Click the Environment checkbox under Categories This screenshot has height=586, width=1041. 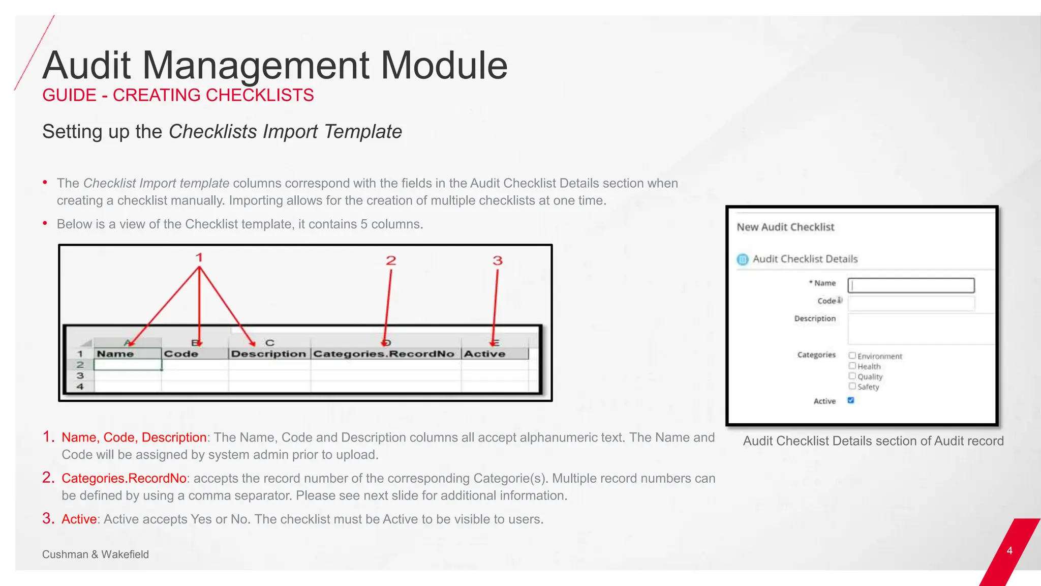(x=852, y=356)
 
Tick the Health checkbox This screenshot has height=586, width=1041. (x=852, y=366)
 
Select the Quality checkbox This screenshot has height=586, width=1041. (x=852, y=376)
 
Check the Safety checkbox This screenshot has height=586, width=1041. (x=852, y=386)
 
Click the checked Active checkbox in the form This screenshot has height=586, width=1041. (x=851, y=400)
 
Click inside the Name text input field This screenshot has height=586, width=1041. (x=911, y=285)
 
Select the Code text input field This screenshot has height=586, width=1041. (x=911, y=303)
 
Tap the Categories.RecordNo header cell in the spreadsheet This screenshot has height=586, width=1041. (x=384, y=354)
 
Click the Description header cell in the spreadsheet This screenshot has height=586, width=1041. (x=269, y=354)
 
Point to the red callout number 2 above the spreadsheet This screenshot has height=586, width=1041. (x=391, y=260)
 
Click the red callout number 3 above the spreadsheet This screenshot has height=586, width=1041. (x=498, y=260)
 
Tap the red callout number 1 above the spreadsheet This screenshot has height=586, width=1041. (x=199, y=257)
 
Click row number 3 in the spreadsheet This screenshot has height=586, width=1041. (x=80, y=376)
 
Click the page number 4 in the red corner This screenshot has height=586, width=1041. (x=1009, y=551)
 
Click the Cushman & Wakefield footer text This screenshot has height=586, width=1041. (x=96, y=554)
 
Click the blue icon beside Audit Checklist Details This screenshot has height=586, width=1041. (x=743, y=259)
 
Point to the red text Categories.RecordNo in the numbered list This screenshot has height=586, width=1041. (x=124, y=479)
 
